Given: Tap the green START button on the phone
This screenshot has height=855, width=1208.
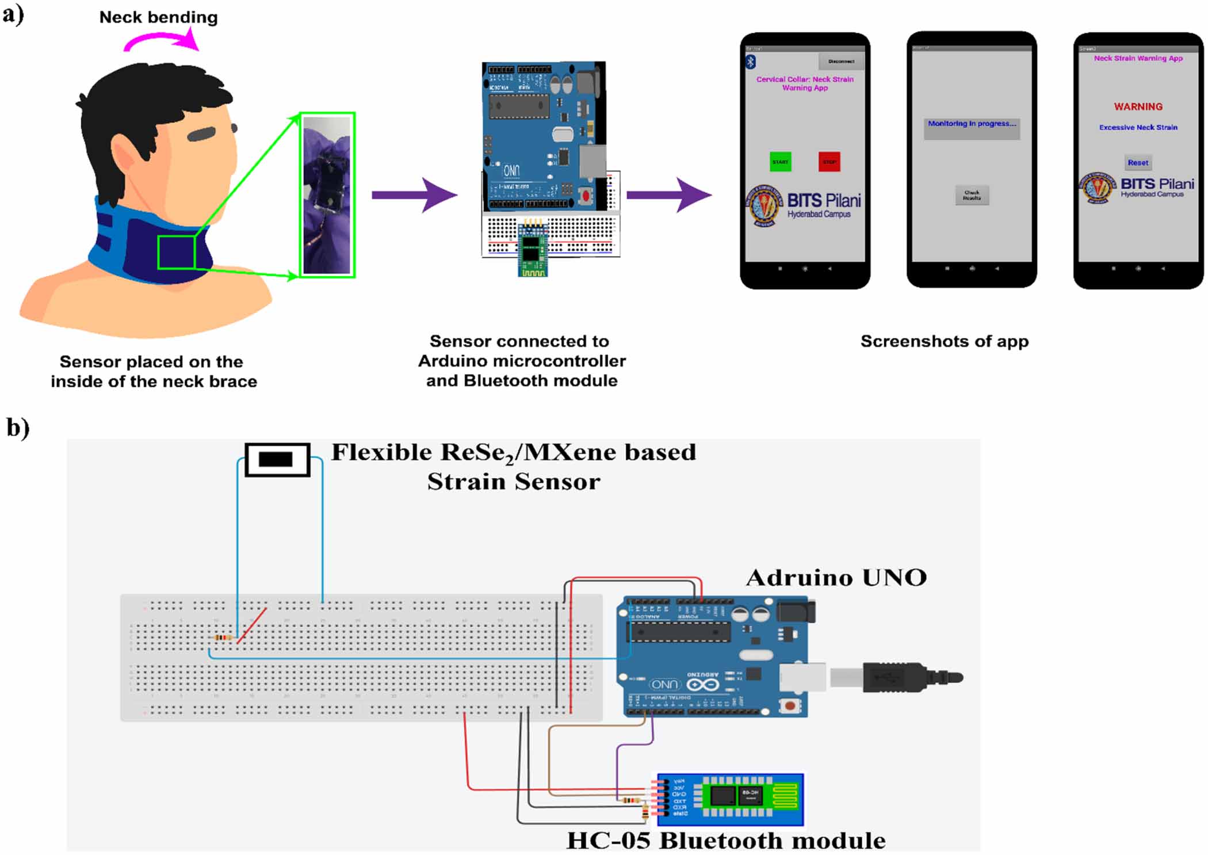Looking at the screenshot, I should [x=780, y=162].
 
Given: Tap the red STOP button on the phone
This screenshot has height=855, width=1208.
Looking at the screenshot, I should [x=829, y=162].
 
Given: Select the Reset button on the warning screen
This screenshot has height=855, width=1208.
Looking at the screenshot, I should [x=1138, y=163].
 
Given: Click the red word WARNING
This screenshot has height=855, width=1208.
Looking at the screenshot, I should [x=1138, y=107].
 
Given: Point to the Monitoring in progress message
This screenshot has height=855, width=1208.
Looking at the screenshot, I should [x=972, y=124].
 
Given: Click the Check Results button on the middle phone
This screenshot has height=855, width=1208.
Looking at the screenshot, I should [x=972, y=195].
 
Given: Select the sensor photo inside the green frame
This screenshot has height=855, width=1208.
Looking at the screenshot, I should [x=327, y=195].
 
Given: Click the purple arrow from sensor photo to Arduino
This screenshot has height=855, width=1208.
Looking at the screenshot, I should [x=414, y=195].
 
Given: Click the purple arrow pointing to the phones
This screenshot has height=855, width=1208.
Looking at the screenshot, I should [x=668, y=195].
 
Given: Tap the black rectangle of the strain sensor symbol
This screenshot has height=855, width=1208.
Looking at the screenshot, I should [x=276, y=459].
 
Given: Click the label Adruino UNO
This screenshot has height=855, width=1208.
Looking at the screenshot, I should [x=836, y=578].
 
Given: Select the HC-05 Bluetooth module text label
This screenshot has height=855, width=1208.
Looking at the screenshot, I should [x=726, y=841].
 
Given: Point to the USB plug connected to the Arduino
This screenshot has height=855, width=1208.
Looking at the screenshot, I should [x=909, y=677].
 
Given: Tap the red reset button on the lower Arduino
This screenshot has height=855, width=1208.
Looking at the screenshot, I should [x=790, y=705].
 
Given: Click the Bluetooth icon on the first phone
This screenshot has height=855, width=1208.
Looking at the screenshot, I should [x=751, y=62].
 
